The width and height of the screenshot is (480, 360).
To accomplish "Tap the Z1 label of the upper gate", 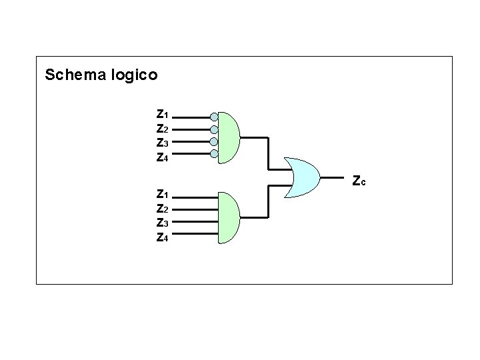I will point(162,114).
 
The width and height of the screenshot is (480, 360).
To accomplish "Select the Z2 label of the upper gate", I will point(162,128).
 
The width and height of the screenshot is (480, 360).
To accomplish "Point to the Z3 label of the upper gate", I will point(162,143).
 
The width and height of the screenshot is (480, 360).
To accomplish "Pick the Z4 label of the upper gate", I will point(162,157).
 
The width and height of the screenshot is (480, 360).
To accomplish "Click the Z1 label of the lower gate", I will point(162,195).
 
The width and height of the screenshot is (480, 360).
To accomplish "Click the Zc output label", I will point(359,180).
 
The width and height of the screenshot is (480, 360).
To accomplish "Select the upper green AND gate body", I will point(228,137).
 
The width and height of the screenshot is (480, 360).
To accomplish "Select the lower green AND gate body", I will point(228,217).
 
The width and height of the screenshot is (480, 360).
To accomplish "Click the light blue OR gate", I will point(303,178).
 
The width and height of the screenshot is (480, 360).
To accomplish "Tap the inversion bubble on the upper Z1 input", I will point(213,116).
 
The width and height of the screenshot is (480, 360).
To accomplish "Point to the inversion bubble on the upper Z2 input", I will point(213,129).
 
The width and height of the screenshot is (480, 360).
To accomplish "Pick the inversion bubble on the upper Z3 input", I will point(213,141).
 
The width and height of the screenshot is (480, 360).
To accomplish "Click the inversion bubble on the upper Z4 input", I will point(213,154).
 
